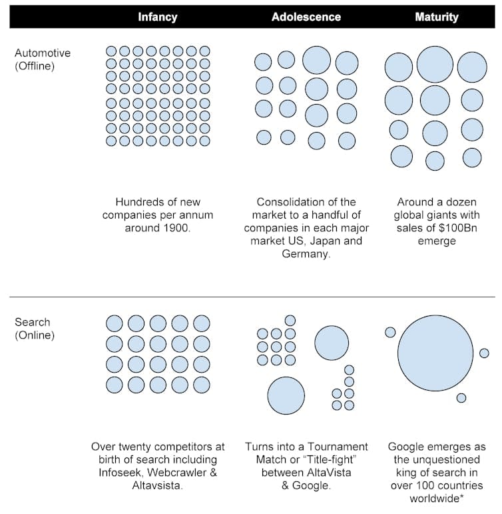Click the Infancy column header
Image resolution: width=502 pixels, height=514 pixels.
coord(158,17)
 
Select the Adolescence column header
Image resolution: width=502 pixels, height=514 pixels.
coord(306,17)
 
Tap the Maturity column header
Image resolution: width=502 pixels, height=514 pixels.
coord(437,17)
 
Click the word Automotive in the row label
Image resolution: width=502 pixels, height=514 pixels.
coord(43,53)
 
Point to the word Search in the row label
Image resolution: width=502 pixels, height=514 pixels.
coord(32,323)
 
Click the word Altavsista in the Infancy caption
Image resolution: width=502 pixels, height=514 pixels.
coord(158,486)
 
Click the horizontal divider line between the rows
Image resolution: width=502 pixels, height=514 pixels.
coord(251,297)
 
